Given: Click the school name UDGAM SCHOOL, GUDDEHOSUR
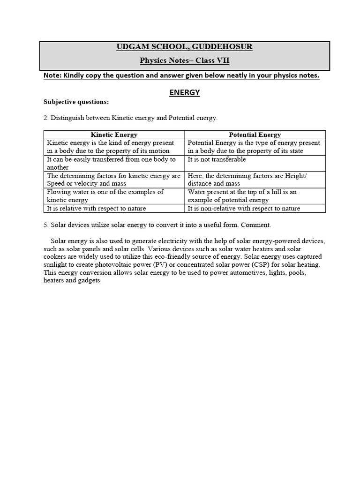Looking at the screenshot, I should tap(184, 47).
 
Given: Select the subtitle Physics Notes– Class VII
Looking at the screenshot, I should tap(184, 60).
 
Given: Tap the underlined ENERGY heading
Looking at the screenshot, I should tap(184, 93).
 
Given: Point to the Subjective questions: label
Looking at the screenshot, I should tap(69, 102).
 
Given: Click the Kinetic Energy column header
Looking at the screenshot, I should tap(114, 135).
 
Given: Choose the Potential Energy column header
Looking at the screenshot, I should tap(255, 135).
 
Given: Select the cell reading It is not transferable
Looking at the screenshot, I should tap(217, 160).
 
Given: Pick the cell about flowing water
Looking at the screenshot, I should tap(105, 196).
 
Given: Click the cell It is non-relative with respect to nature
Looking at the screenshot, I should tap(244, 209).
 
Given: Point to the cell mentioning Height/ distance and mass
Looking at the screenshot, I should tap(247, 180).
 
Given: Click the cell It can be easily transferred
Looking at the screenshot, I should tap(111, 163).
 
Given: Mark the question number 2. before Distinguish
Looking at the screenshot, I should tap(46, 118).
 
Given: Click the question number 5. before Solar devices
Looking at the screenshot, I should tap(46, 225).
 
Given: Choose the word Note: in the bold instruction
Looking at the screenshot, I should tap(52, 76).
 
